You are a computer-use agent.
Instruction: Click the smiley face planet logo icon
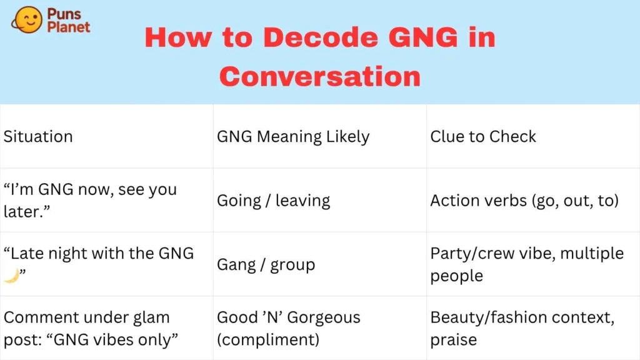(x=27, y=20)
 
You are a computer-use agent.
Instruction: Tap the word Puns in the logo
(x=64, y=14)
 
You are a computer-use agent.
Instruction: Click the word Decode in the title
(x=321, y=37)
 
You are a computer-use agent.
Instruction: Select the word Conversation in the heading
(x=320, y=76)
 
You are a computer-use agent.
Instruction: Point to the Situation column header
(x=38, y=136)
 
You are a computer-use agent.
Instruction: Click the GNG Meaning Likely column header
(x=293, y=137)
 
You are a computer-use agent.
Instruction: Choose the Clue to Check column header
(x=483, y=136)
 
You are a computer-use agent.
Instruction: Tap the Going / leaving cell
(x=274, y=201)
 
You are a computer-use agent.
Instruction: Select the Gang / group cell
(x=266, y=265)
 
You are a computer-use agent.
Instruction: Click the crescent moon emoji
(x=11, y=276)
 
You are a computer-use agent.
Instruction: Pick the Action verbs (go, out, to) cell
(x=524, y=201)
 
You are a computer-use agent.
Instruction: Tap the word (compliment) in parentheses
(x=268, y=340)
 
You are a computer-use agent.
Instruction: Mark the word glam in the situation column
(x=152, y=318)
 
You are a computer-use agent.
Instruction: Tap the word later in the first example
(x=24, y=212)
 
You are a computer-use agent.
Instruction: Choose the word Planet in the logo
(x=69, y=27)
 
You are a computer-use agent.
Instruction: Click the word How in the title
(x=178, y=37)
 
